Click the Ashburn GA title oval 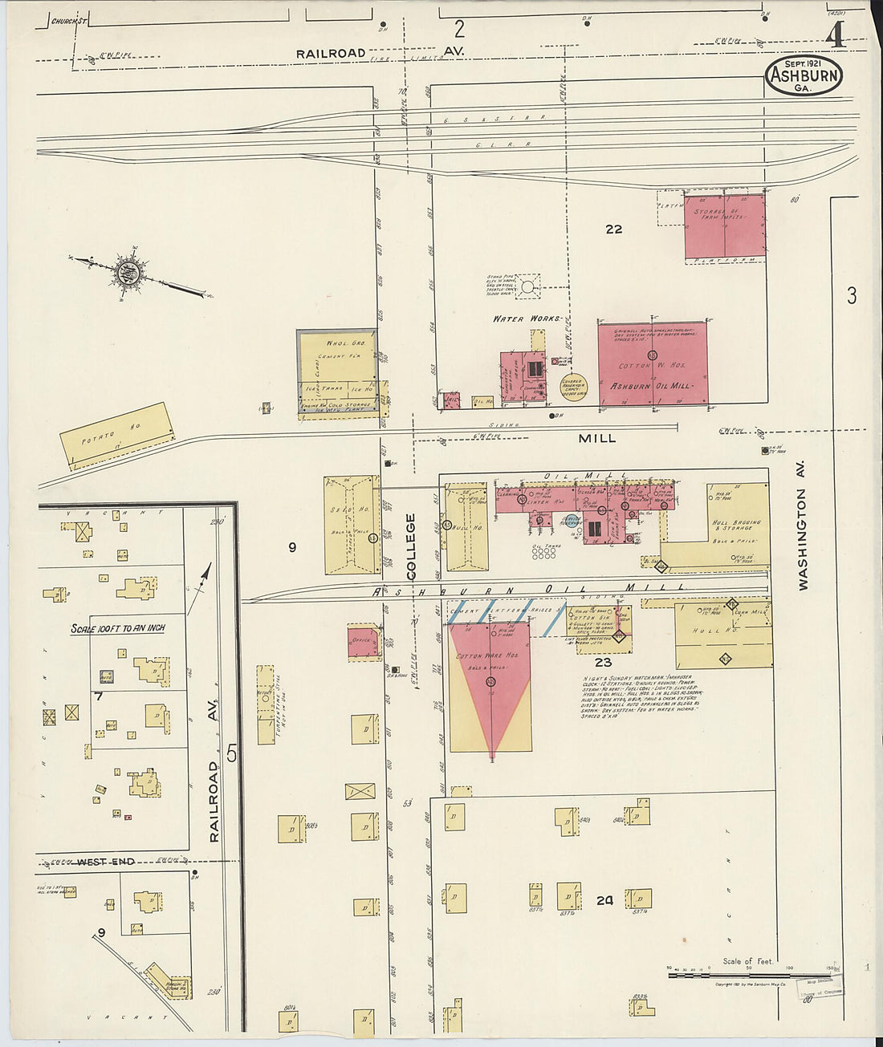click(804, 75)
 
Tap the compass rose click(128, 272)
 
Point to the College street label click(411, 546)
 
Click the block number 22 click(613, 229)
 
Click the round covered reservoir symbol click(573, 387)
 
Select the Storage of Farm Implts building click(724, 225)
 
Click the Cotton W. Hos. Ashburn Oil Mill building click(653, 363)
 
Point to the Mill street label click(598, 438)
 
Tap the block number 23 click(604, 663)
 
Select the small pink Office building click(363, 643)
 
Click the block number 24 click(604, 901)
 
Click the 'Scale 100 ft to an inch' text click(118, 628)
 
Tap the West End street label click(105, 862)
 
